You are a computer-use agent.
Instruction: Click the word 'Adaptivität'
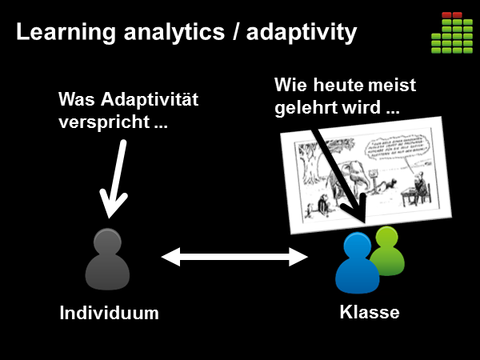click(x=149, y=102)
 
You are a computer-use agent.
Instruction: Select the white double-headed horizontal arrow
click(x=234, y=257)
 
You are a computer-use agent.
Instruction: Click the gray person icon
click(x=106, y=259)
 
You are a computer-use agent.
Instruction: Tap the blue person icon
click(x=357, y=265)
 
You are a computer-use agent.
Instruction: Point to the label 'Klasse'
click(x=369, y=312)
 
